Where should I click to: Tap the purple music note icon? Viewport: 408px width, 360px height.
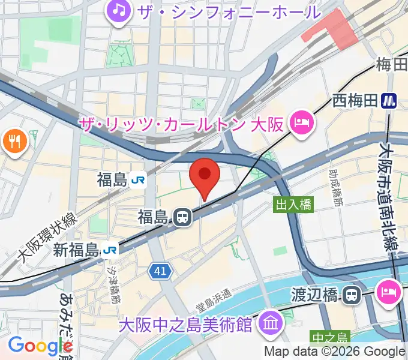(x=119, y=11)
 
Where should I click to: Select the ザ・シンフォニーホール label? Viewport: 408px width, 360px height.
(x=227, y=12)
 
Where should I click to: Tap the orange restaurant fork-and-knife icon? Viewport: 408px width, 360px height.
(x=12, y=142)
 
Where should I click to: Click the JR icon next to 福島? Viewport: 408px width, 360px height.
(x=138, y=179)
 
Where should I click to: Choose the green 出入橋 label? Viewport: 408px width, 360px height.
(x=293, y=205)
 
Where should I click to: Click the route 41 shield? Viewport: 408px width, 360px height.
(x=159, y=271)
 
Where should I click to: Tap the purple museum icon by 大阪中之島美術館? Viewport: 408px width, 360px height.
(x=272, y=325)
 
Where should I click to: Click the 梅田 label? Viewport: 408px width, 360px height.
(x=392, y=65)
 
